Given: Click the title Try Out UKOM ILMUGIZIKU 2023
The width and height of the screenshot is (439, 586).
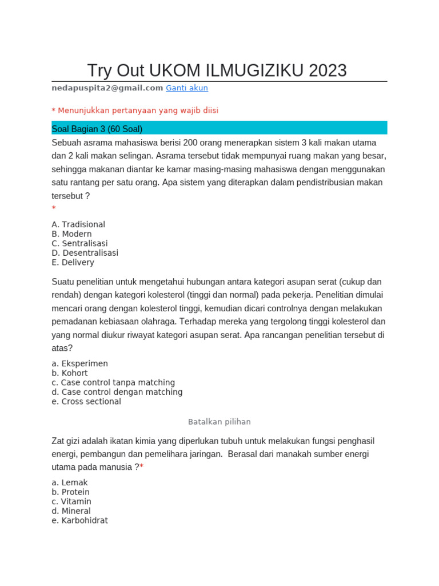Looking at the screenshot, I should point(217,70).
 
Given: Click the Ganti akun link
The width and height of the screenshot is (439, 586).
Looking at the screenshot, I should point(186,88).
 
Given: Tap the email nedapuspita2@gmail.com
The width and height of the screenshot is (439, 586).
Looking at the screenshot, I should point(107,88).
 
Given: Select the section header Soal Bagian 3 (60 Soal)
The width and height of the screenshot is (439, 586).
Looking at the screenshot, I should point(97,129).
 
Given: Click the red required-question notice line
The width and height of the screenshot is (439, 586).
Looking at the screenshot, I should point(135,110).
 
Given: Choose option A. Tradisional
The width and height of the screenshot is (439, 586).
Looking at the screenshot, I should point(78,225).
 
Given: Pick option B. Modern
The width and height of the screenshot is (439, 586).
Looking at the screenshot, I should point(71,234).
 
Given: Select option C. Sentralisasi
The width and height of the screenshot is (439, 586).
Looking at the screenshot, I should point(79,244).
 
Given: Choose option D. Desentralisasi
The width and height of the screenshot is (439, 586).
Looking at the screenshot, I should point(85,253).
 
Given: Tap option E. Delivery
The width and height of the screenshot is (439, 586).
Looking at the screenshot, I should point(73,263).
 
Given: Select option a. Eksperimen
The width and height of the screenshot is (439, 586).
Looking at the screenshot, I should point(79,364).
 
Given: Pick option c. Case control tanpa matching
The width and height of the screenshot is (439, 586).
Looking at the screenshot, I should point(113,383).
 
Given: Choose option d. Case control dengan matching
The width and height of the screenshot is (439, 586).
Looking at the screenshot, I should point(117,392).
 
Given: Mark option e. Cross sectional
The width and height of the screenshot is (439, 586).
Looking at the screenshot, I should point(86,402).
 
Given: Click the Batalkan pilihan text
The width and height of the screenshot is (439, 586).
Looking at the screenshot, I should point(219,422).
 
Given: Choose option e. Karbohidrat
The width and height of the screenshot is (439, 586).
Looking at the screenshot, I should point(79,521).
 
